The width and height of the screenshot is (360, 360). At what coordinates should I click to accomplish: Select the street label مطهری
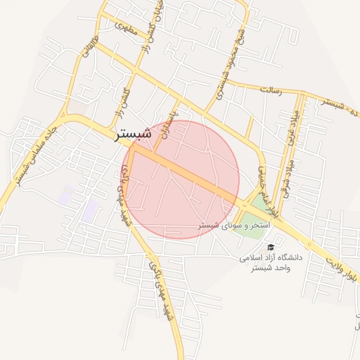tap(125, 29)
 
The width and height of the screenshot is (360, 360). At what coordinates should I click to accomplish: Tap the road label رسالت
tap(271, 91)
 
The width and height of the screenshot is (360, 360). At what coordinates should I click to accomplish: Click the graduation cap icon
tap(271, 247)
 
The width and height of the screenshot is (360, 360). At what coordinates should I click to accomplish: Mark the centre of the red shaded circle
tap(184, 179)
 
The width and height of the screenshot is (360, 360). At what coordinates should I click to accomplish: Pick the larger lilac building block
tap(91, 209)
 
